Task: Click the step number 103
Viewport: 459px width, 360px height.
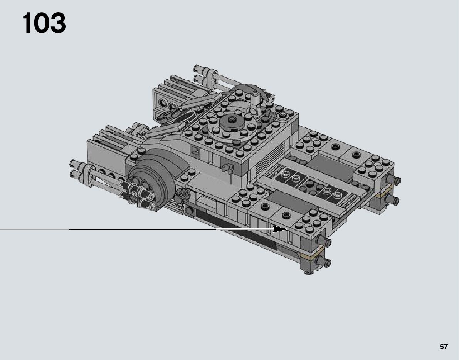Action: (x=44, y=23)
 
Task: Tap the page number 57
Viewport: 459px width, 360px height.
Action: (x=444, y=347)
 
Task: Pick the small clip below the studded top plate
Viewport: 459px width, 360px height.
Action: (x=227, y=168)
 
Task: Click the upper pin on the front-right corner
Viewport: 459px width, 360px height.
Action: (x=324, y=241)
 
